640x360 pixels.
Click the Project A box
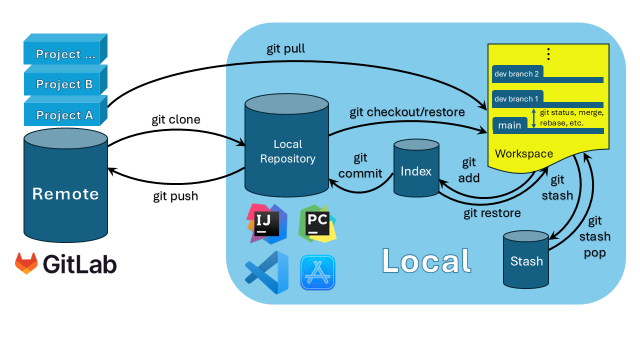coord(64,115)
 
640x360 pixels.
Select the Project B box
coord(64,84)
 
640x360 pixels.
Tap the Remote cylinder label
coord(65,193)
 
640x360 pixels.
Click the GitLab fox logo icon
coord(26,263)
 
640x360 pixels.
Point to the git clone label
coord(176,120)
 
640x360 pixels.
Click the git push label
coord(175,196)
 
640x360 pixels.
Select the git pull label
coord(285,49)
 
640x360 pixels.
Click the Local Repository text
coord(287,151)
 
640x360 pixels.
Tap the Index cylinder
coord(416,171)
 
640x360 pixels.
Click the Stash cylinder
coord(526,261)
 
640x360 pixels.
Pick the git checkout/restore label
coord(407,112)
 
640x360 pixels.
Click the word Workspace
coord(524,153)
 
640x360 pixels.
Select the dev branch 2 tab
coord(517,74)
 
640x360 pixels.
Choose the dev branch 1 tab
coord(517,99)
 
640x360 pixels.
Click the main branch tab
coord(509,125)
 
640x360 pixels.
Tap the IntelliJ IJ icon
coord(266,223)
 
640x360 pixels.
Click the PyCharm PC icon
coord(317,223)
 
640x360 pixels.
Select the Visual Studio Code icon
coord(266,272)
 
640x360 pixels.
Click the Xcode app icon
coord(317,272)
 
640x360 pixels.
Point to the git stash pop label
coord(594,236)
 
